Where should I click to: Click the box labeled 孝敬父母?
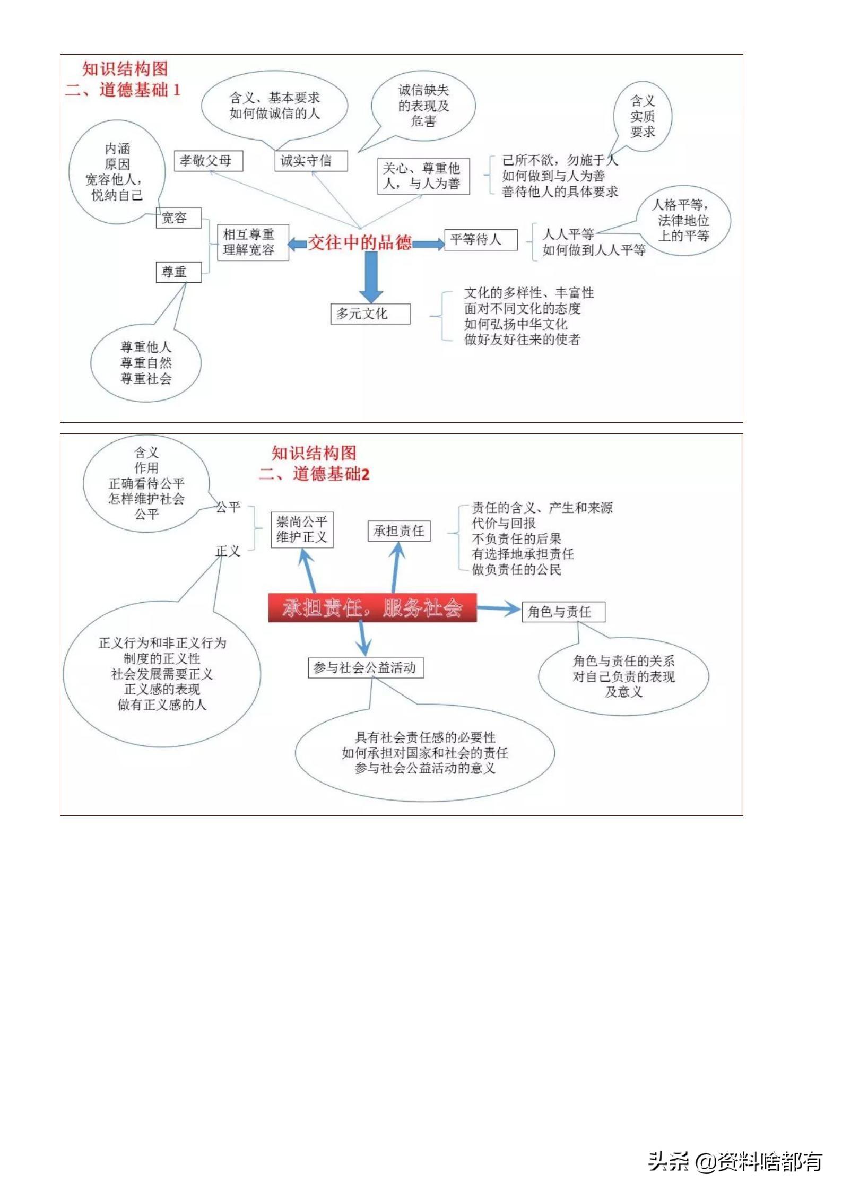point(209,161)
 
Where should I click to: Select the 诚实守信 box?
point(311,161)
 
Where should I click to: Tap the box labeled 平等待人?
point(480,240)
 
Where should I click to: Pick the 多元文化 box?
point(370,314)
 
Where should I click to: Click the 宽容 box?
point(178,218)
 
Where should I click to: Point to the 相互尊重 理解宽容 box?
point(253,242)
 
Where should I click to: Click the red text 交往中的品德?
point(359,242)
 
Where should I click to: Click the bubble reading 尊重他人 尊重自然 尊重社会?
point(146,363)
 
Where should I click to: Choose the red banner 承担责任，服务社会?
point(372,608)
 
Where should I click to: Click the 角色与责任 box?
point(563,612)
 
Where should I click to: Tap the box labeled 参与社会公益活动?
point(366,667)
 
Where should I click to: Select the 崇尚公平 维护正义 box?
point(302,529)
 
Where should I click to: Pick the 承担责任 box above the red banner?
point(399,531)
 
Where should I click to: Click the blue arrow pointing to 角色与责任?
point(498,609)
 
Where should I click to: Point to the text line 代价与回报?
point(504,523)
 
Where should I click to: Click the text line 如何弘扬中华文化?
point(515,324)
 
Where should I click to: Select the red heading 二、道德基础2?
point(314,474)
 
